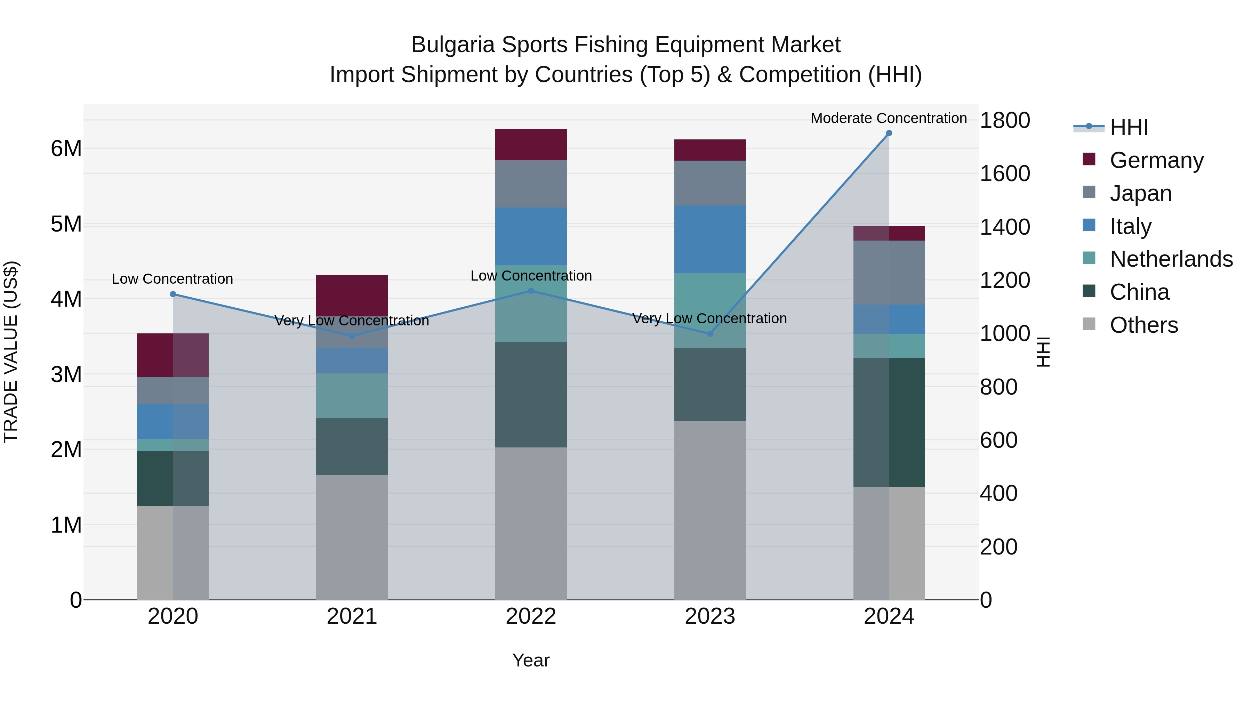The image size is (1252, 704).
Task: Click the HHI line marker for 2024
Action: click(x=889, y=133)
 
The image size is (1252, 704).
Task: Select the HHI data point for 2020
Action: click(x=173, y=294)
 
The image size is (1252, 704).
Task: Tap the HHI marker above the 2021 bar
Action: click(x=352, y=336)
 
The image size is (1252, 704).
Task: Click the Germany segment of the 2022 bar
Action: click(x=531, y=145)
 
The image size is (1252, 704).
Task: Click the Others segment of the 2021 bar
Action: click(x=352, y=537)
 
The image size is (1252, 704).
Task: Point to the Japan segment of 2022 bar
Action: click(x=531, y=184)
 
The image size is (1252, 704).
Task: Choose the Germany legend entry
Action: click(x=1157, y=160)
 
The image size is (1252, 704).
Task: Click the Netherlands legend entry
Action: click(x=1171, y=259)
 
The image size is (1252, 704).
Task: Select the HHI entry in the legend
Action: click(x=1129, y=127)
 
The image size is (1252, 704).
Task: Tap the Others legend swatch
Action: click(x=1089, y=324)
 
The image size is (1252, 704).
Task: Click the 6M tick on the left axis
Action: click(x=66, y=149)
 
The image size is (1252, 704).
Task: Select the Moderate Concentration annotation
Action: click(x=889, y=119)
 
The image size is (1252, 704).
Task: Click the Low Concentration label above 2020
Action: click(x=172, y=279)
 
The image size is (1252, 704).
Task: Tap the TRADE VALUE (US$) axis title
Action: click(x=11, y=352)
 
